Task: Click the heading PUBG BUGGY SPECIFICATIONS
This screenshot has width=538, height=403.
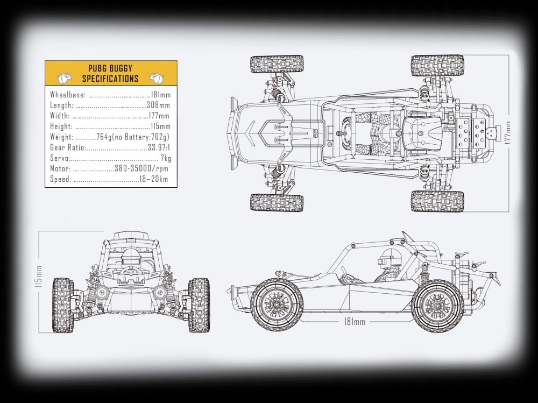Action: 110,74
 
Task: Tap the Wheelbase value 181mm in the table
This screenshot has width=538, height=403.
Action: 160,95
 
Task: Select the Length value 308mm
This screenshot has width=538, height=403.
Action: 159,105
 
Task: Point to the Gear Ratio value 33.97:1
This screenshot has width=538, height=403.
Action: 159,147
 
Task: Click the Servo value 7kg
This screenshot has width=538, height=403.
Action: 166,158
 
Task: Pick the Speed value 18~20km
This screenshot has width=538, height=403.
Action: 154,179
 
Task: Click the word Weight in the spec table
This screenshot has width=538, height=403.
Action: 61,137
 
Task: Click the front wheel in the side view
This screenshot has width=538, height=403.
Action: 277,305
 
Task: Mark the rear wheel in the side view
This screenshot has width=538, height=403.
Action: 437,306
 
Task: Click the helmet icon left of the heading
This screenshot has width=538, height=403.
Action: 65,77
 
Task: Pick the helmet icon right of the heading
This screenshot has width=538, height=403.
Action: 157,77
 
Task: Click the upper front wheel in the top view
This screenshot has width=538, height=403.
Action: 277,64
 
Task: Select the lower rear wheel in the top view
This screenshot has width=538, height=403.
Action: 437,201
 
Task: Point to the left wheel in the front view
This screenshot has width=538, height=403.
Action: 63,305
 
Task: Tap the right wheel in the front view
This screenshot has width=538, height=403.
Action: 199,305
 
